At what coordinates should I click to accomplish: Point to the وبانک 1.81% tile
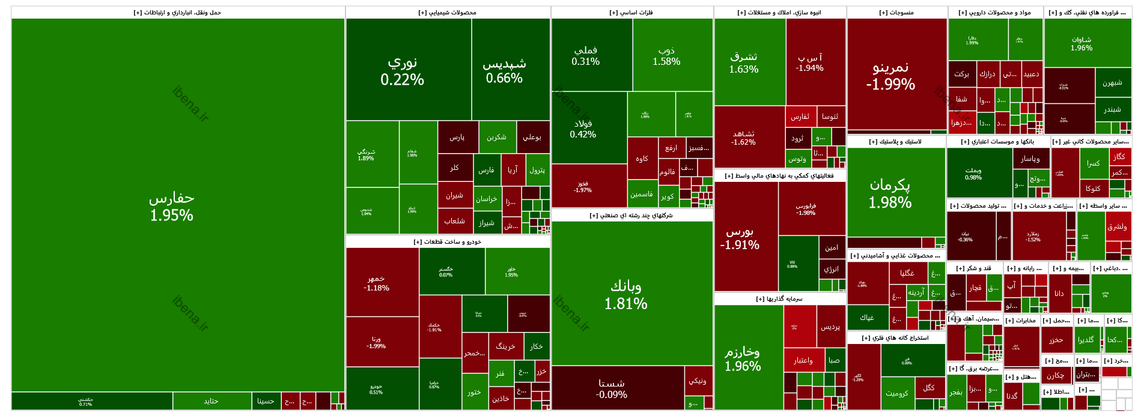coord(626,294)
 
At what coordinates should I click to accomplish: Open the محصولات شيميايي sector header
coord(448,13)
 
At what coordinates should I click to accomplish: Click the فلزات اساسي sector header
coord(631,13)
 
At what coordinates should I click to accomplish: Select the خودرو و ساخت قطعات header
coord(448,242)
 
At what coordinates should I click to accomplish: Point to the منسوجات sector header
coord(896,13)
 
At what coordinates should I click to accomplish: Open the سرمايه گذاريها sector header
coord(779,299)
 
